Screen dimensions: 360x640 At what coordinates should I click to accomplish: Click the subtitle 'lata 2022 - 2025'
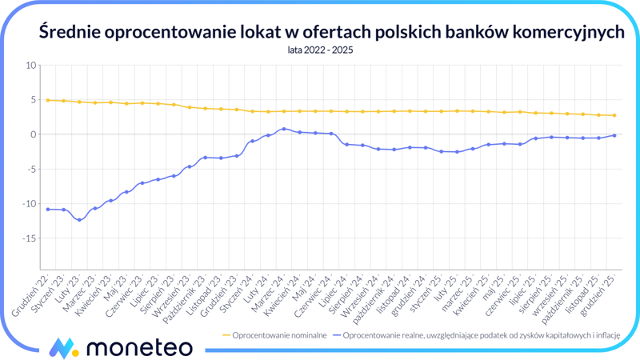(x=320, y=50)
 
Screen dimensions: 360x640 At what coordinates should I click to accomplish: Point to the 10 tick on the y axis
(x=32, y=65)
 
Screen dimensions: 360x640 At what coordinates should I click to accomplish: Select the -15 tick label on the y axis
(x=30, y=238)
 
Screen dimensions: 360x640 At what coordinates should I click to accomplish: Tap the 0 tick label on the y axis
(x=34, y=134)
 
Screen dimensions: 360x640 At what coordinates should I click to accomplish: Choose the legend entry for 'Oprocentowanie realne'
(x=480, y=334)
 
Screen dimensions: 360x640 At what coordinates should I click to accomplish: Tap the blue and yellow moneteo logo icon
(x=62, y=347)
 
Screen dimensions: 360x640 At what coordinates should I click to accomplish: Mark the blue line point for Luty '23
(x=79, y=220)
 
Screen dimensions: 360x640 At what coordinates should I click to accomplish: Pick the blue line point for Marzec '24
(x=284, y=129)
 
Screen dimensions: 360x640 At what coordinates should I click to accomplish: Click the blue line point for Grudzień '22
(x=48, y=210)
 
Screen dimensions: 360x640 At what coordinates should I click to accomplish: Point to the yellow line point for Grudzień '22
(x=48, y=100)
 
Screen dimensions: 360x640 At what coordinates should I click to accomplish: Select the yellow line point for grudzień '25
(x=614, y=115)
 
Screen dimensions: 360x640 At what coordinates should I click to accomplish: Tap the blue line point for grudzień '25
(x=614, y=135)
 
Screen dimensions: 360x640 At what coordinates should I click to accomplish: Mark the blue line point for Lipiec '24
(x=346, y=144)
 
